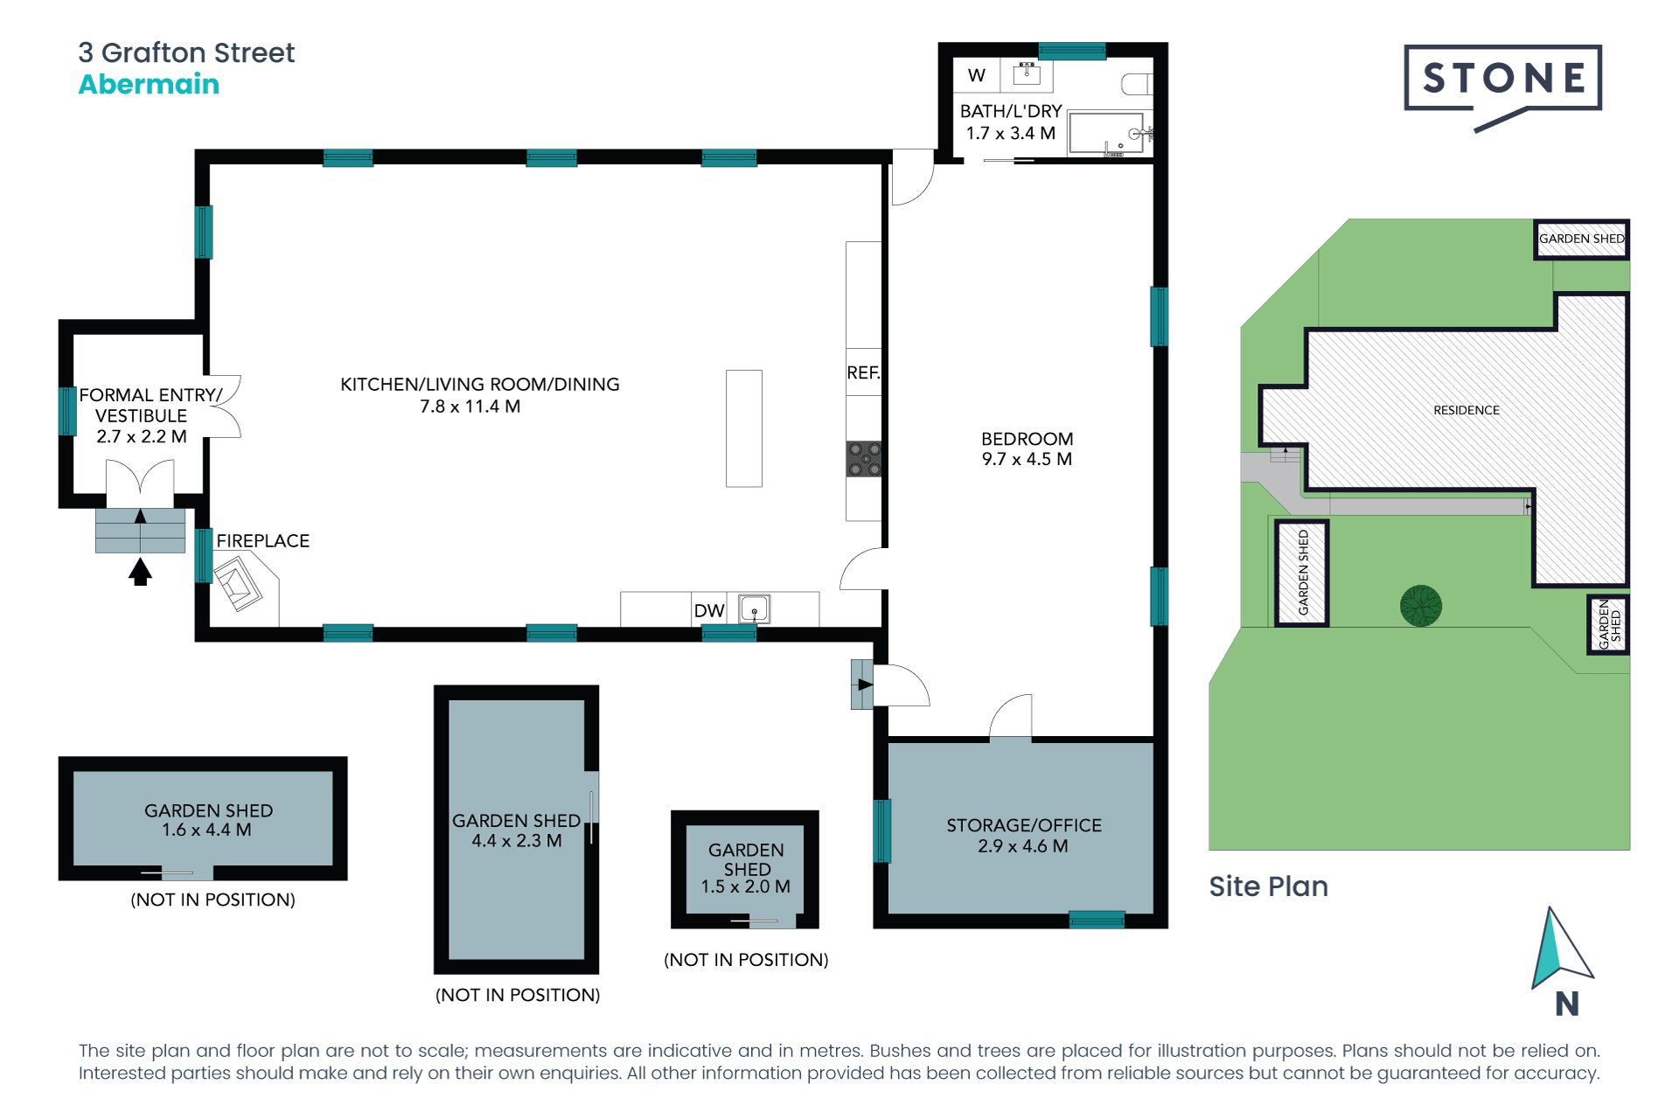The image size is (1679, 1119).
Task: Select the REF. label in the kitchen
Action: point(863,373)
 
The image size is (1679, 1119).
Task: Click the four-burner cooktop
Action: point(864,459)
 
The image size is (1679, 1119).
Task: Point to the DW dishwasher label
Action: point(709,610)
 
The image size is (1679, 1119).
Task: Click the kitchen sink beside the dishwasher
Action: point(754,608)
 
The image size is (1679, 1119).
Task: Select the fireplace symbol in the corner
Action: point(238,585)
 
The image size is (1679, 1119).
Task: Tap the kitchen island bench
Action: point(744,428)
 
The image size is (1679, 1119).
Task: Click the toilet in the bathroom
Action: point(1138,84)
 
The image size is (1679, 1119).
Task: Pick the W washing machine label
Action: point(977,75)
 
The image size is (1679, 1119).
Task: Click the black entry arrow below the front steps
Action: point(140,573)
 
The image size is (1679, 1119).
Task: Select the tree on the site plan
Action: point(1421,606)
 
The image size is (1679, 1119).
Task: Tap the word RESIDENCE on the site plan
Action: point(1467,410)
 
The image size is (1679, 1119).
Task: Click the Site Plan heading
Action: point(1268,886)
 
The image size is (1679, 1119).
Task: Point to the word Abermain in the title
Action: point(149,84)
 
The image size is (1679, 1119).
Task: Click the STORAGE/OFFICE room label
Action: point(1024,825)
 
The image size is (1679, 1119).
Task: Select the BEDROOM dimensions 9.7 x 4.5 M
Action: point(1027,459)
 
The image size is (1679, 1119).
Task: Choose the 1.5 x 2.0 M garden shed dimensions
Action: point(746,886)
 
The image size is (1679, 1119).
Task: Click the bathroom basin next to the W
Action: point(1027,73)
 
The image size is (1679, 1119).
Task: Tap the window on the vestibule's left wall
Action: point(67,411)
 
